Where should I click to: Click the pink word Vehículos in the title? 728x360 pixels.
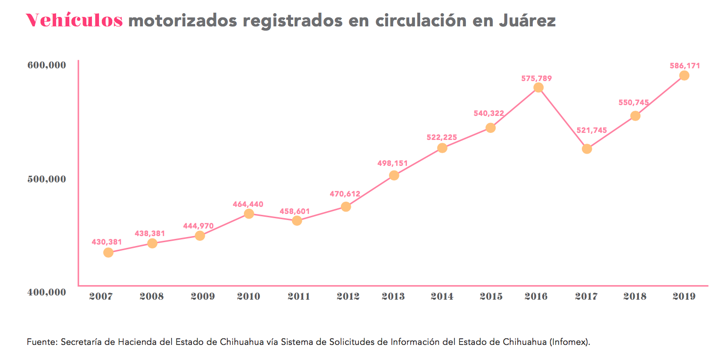point(74,20)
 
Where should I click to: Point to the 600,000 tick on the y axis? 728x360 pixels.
point(45,65)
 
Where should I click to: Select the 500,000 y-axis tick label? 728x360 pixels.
point(45,179)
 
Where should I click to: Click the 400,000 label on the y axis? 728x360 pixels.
point(45,292)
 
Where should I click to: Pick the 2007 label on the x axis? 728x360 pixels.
point(101,296)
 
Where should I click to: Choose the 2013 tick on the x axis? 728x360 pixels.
point(393,296)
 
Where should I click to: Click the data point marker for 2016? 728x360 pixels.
point(538,88)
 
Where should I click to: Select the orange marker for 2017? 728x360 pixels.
point(587,149)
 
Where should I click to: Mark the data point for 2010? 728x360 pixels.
point(249,213)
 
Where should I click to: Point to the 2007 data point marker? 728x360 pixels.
point(108,253)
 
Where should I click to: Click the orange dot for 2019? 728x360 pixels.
point(684,76)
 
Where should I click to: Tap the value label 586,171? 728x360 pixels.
point(685,66)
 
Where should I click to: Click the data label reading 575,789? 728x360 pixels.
point(537,78)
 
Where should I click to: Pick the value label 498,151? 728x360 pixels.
point(393,164)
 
